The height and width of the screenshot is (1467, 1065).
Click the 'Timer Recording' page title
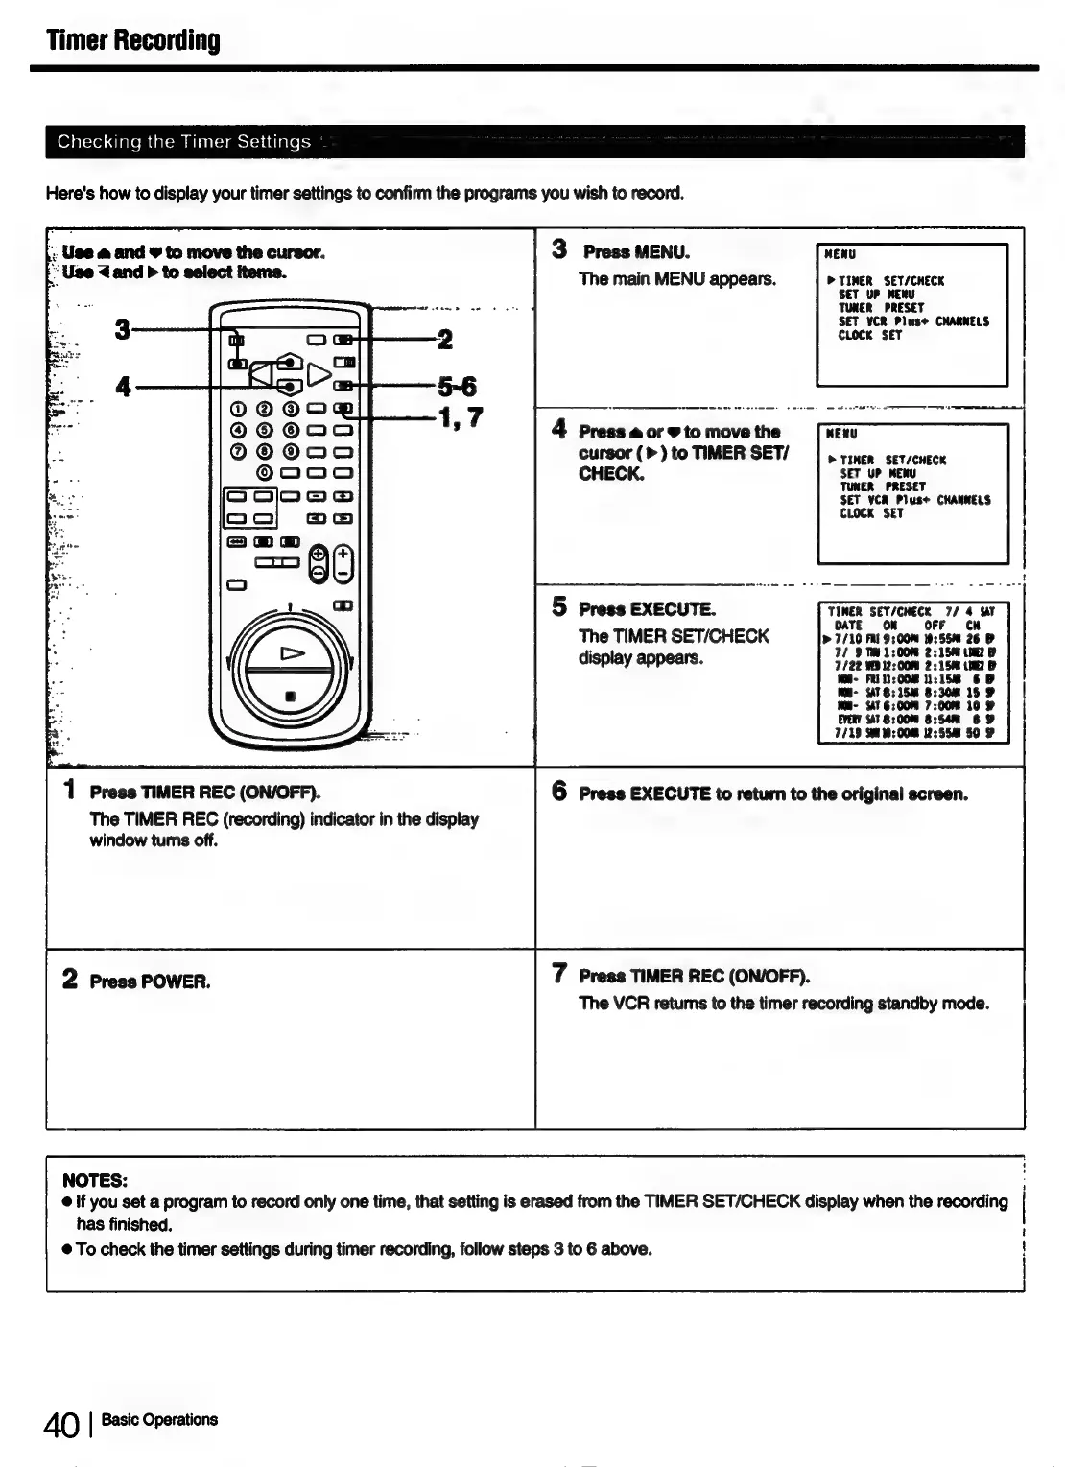click(x=133, y=40)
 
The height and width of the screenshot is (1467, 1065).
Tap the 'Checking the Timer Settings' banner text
click(x=183, y=142)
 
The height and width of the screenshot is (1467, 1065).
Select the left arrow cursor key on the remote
click(x=260, y=373)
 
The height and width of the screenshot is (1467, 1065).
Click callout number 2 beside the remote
click(x=444, y=339)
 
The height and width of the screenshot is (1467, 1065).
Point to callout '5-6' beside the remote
click(x=457, y=387)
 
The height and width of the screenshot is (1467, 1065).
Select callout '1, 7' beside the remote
click(x=460, y=417)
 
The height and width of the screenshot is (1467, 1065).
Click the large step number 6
click(x=559, y=792)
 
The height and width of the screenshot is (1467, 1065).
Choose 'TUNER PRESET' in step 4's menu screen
click(x=882, y=486)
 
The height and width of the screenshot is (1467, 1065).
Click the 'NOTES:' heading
click(x=95, y=1179)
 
